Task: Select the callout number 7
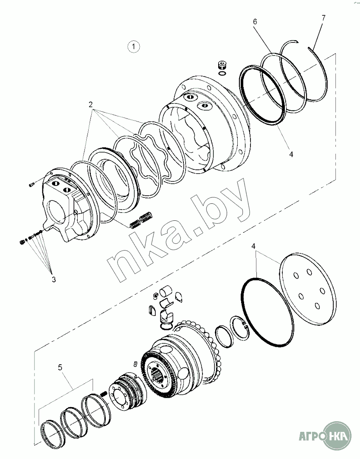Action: click(323, 18)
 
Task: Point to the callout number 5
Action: click(60, 367)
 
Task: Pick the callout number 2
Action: click(90, 104)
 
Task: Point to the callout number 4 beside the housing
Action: click(291, 154)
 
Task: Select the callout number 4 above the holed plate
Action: click(253, 246)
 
